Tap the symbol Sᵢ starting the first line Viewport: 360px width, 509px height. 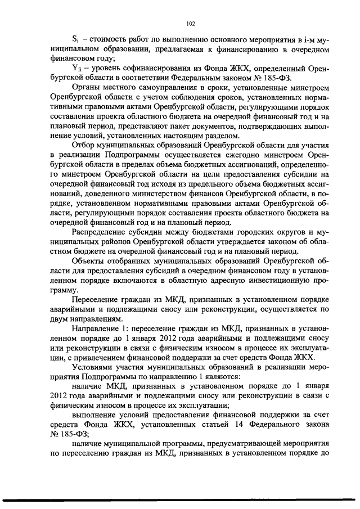(76, 42)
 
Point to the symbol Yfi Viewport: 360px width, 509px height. (77, 69)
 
